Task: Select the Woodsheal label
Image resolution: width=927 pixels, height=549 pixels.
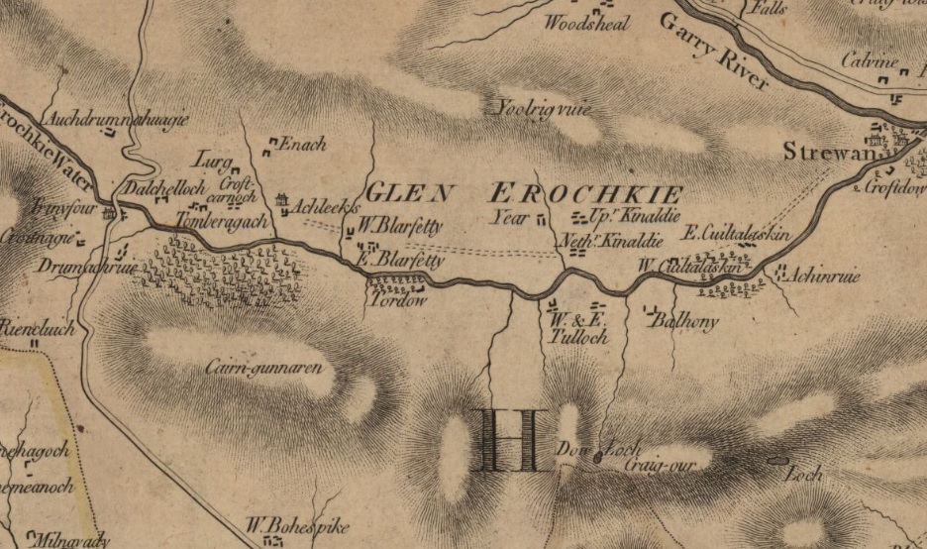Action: (x=587, y=24)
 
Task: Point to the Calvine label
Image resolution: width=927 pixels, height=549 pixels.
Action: (x=869, y=61)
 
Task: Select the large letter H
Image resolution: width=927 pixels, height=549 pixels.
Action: (x=508, y=439)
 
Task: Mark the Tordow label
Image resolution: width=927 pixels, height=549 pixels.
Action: (x=396, y=300)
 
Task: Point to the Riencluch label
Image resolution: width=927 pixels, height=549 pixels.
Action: (x=38, y=328)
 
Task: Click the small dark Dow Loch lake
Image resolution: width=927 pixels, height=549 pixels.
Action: (x=598, y=457)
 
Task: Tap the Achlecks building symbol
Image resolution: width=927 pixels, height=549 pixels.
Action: (x=283, y=201)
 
